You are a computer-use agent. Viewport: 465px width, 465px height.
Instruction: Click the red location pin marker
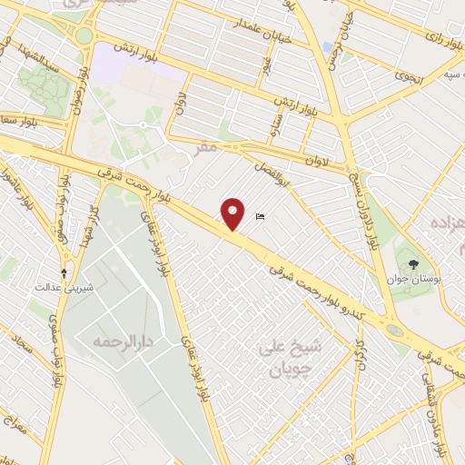click(x=234, y=213)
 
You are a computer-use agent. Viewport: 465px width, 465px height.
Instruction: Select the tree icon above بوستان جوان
click(x=414, y=264)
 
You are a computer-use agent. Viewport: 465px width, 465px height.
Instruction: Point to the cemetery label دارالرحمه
click(x=119, y=342)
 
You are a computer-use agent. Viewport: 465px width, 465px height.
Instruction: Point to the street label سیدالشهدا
click(x=40, y=66)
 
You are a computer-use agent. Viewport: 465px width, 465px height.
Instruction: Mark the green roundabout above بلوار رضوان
click(x=84, y=36)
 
